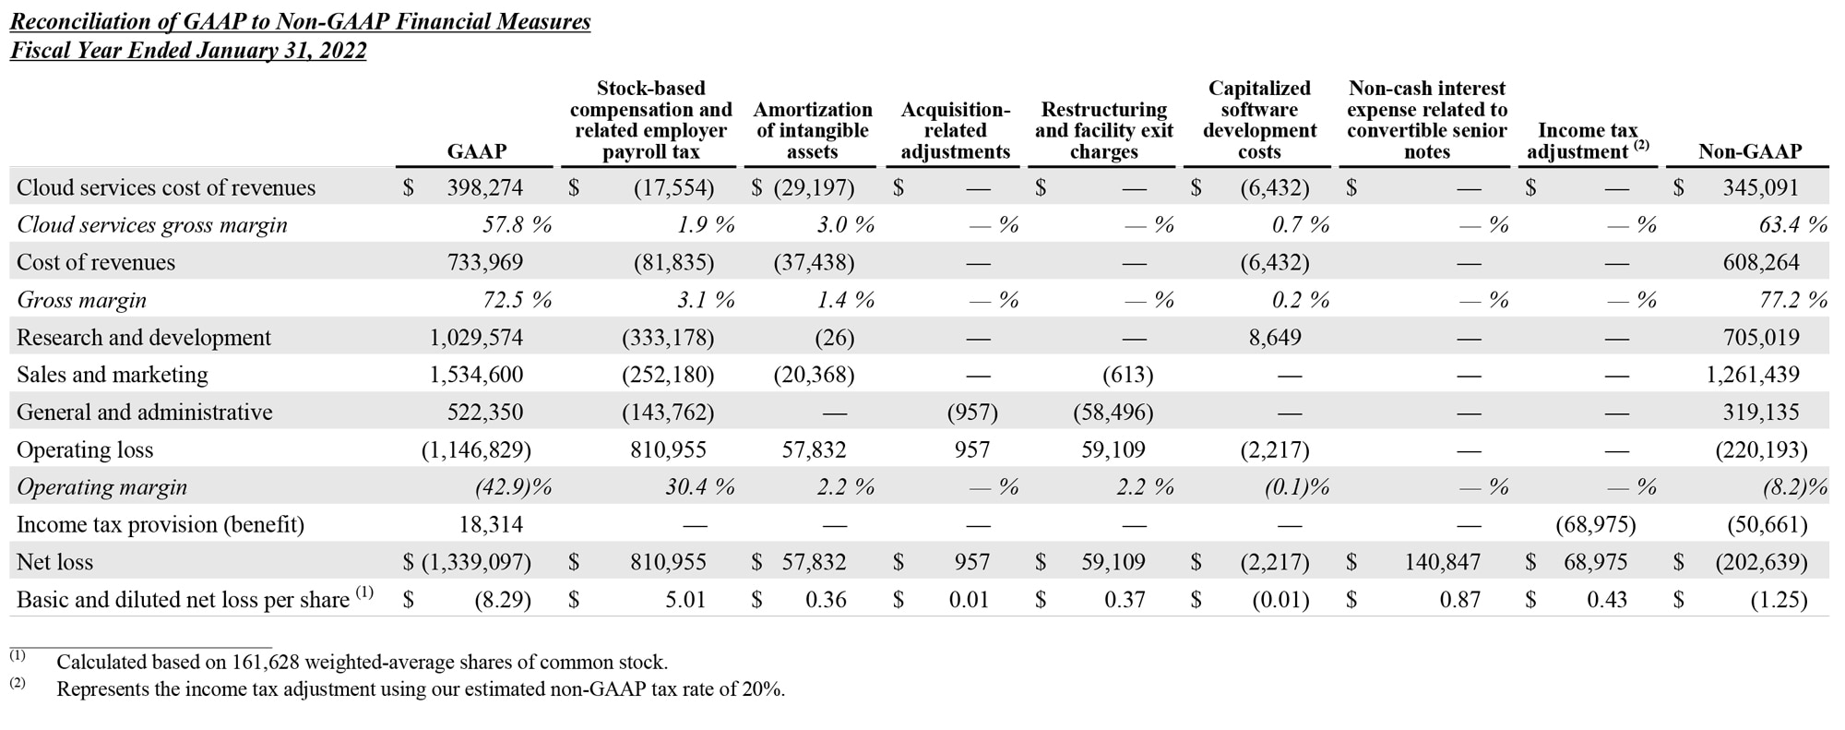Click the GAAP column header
476,151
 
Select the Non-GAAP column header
1749,151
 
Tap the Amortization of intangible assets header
812,130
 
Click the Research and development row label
144,338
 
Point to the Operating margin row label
101,487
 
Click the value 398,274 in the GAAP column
484,188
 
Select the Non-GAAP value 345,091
1760,188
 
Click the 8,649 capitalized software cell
1275,338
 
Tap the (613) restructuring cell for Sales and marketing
1127,375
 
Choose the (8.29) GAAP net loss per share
503,600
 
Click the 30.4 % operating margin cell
699,487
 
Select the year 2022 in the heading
342,50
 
